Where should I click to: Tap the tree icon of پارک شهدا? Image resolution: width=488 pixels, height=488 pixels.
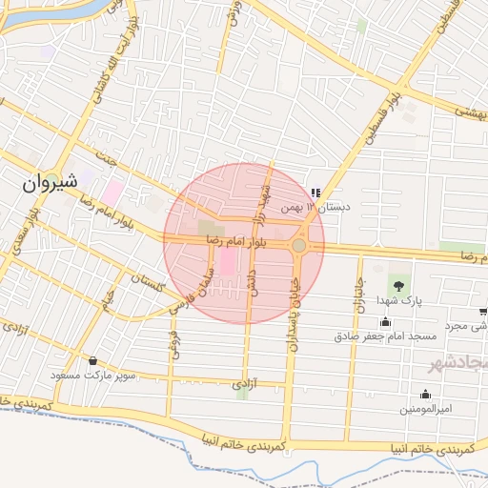tap(397, 283)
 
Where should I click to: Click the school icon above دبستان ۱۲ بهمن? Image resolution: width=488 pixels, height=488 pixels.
tap(315, 193)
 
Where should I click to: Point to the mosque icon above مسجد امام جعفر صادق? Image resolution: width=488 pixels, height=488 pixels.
tap(385, 321)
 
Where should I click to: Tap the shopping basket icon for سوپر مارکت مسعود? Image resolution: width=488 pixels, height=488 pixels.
tap(92, 361)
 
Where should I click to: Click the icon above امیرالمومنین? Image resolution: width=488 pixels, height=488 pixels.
tap(425, 394)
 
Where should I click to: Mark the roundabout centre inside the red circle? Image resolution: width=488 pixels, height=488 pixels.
tap(299, 246)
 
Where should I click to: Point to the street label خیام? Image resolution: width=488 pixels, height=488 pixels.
tap(110, 299)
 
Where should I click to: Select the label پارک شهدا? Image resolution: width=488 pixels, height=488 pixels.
tap(398, 301)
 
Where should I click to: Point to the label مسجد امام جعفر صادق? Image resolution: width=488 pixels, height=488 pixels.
tap(385, 336)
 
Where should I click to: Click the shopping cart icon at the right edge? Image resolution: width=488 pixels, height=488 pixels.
tap(483, 312)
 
